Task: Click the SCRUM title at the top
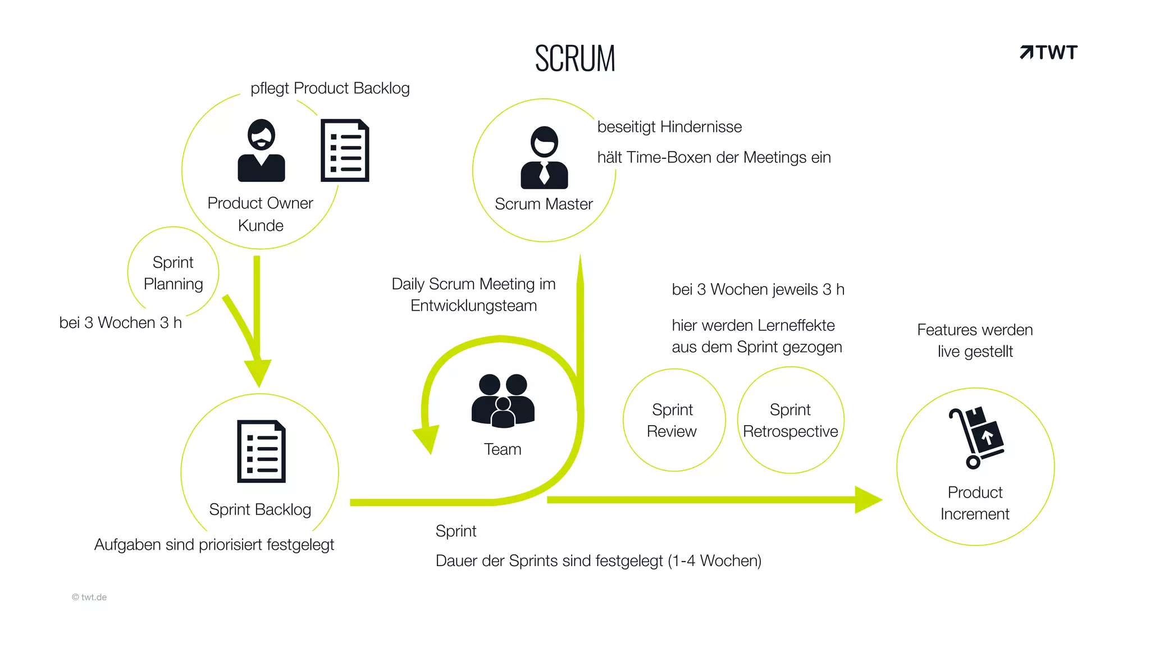pyautogui.click(x=575, y=58)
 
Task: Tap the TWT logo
pyautogui.click(x=1048, y=52)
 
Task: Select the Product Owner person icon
pyautogui.click(x=261, y=151)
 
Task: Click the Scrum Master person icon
pyautogui.click(x=544, y=158)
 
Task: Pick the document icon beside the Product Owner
pyautogui.click(x=345, y=151)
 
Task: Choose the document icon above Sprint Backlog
pyautogui.click(x=261, y=452)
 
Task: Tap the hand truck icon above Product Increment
pyautogui.click(x=976, y=438)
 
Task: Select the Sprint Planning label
pyautogui.click(x=173, y=273)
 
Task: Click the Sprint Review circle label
pyautogui.click(x=672, y=420)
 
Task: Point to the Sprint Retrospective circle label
pyautogui.click(x=790, y=420)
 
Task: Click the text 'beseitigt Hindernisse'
pyautogui.click(x=669, y=127)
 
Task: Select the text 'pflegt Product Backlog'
pyautogui.click(x=330, y=88)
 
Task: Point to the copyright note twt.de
pyautogui.click(x=89, y=597)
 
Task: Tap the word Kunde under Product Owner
pyautogui.click(x=261, y=226)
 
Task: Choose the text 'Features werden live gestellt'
pyautogui.click(x=975, y=340)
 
